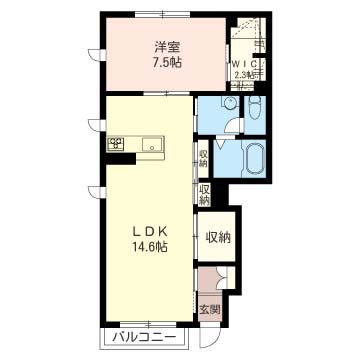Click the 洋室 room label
point(167,48)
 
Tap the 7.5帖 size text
point(167,62)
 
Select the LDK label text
point(150,231)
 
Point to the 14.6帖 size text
point(150,247)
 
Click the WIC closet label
point(244,64)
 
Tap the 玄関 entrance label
point(210,310)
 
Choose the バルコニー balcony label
point(144,338)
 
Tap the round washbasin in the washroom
point(229,101)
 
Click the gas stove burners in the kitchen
point(116,144)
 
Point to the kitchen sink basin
point(152,145)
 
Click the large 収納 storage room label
point(218,237)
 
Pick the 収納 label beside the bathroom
point(203,159)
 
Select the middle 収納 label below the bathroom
point(204,194)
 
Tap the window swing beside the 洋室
point(94,54)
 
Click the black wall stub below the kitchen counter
point(120,159)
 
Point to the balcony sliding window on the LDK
point(148,324)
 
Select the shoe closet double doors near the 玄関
point(222,278)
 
